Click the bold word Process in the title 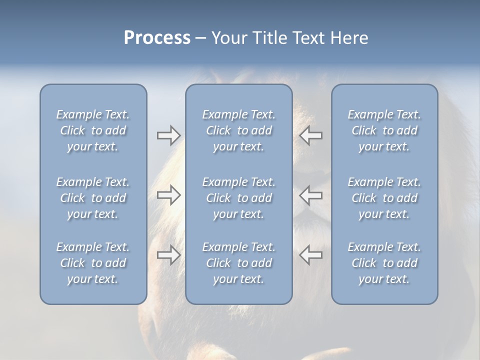157,38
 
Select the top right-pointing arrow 168,135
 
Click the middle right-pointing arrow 168,195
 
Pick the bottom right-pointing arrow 168,255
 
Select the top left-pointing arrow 310,135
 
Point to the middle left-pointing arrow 310,195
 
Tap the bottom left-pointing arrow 310,255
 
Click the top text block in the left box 93,130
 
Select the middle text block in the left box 93,198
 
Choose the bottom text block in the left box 93,263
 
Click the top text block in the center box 238,130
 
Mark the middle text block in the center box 238,198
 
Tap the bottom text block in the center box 238,263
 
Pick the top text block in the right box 384,130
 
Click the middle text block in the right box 384,198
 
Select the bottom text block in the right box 384,263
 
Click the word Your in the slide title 227,38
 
